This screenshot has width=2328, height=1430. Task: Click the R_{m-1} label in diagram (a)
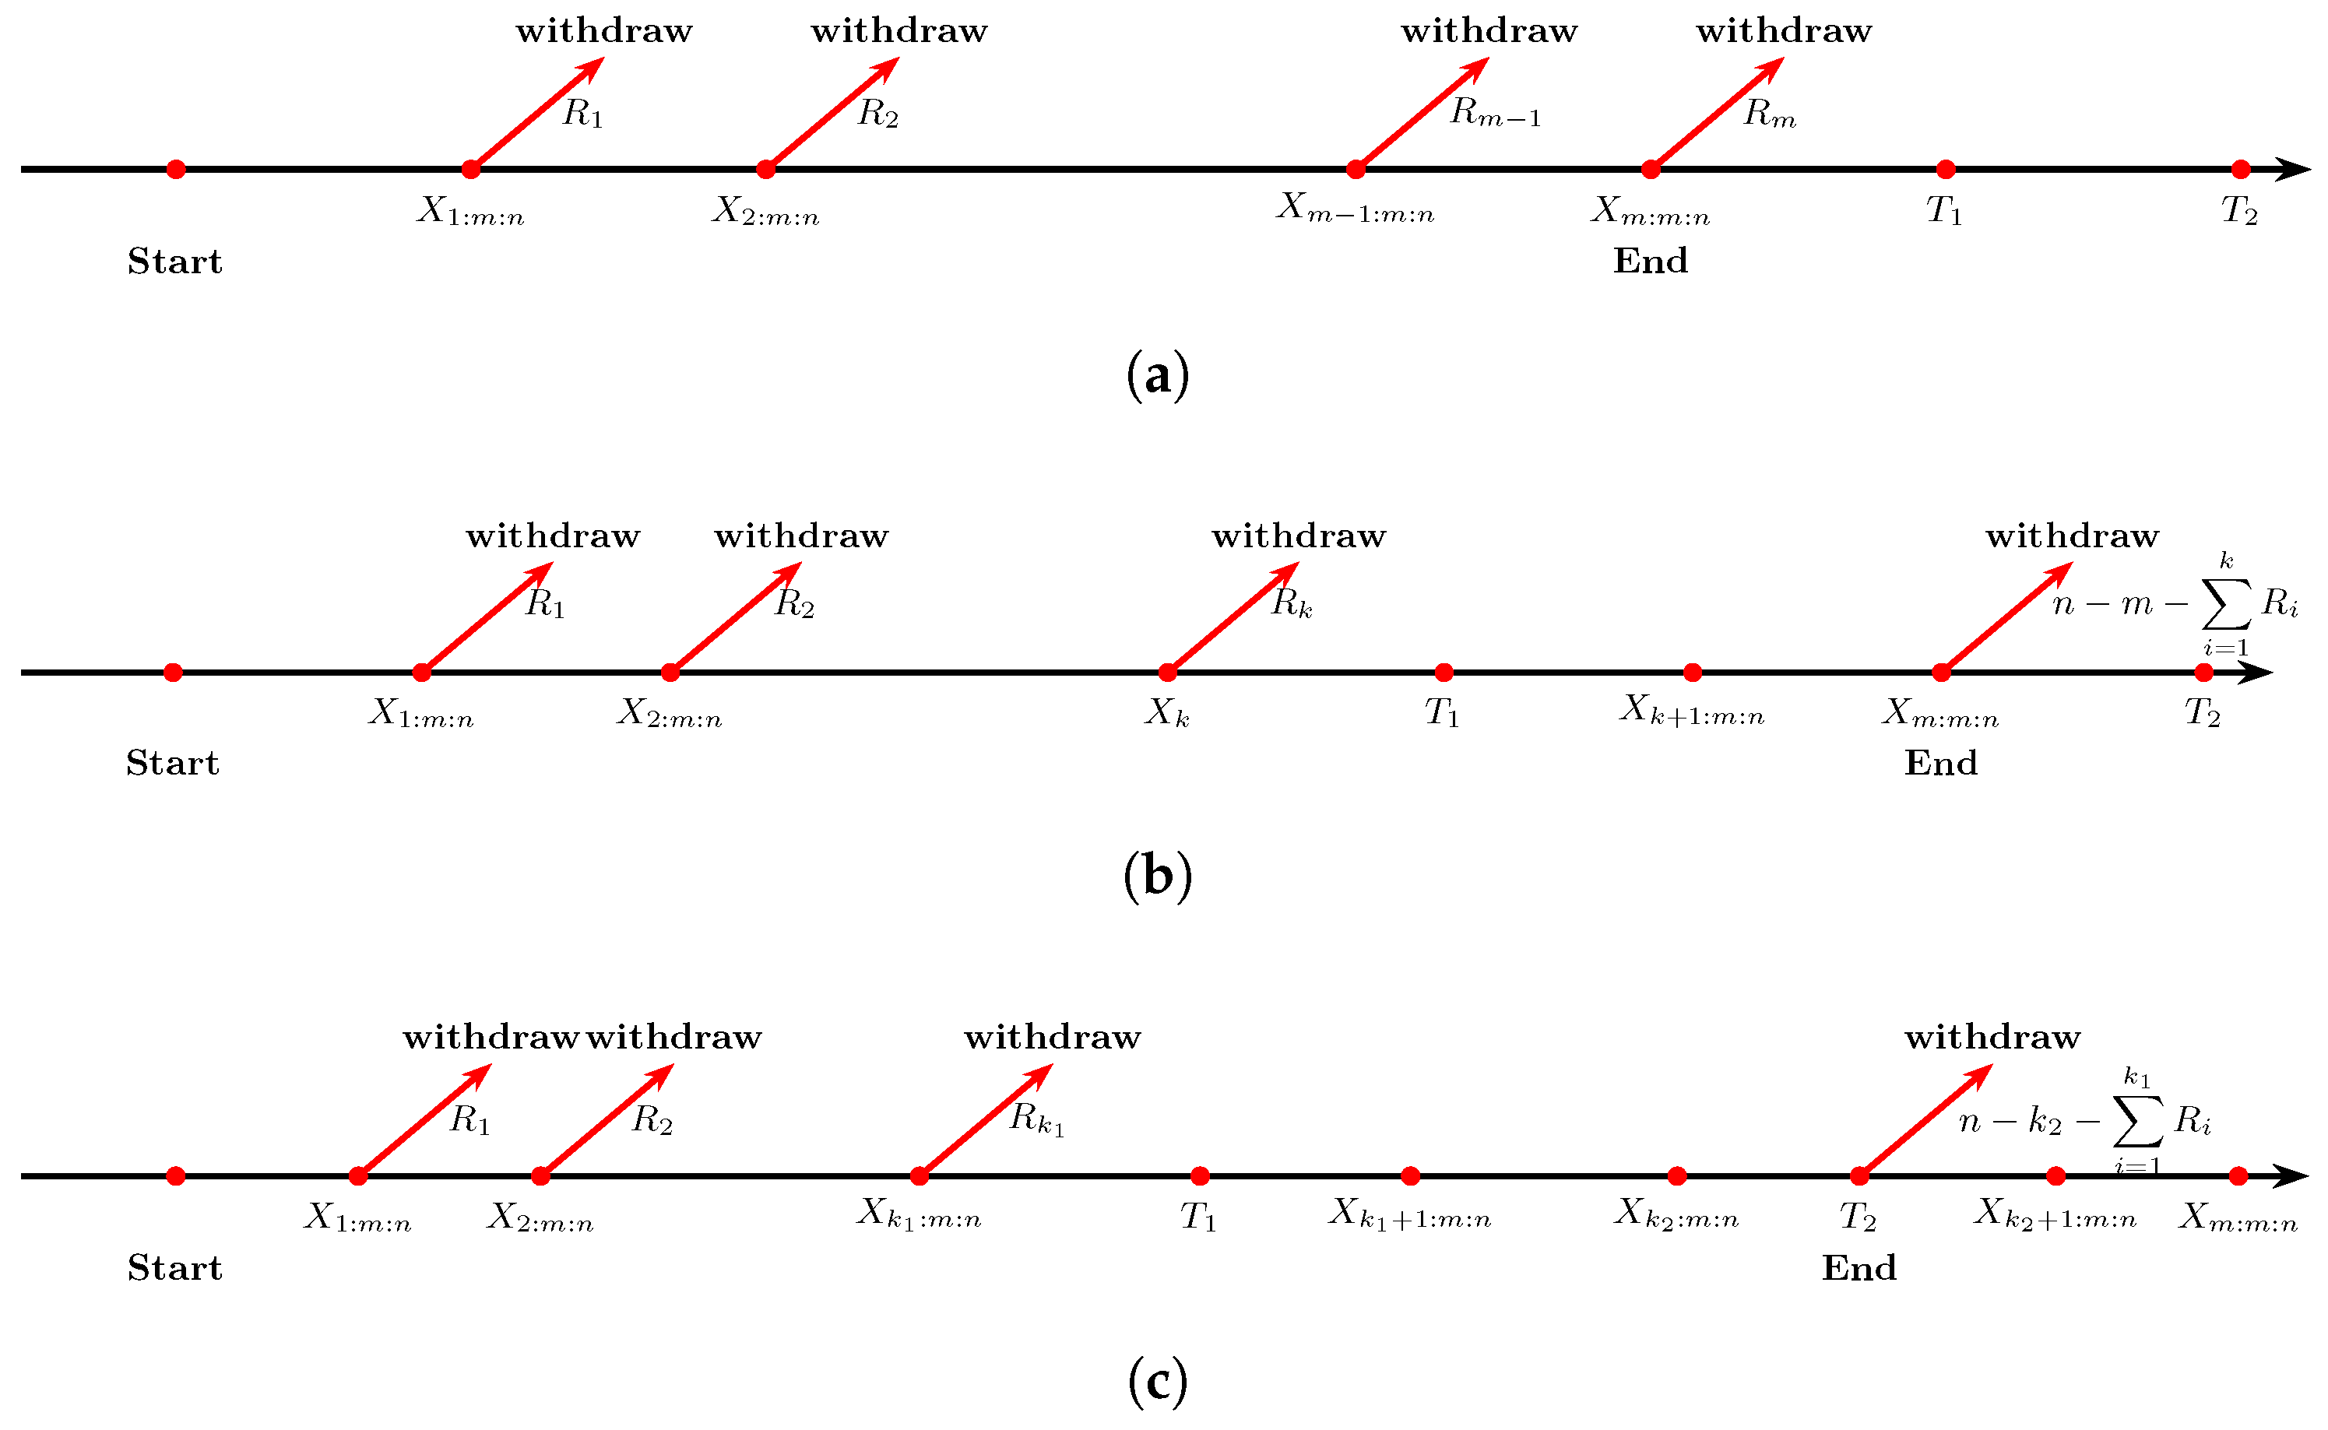click(1496, 113)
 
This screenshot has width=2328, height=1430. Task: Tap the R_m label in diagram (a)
click(1770, 113)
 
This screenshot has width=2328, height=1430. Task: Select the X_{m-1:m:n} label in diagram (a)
click(1356, 208)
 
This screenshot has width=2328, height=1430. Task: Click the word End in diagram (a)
click(1651, 261)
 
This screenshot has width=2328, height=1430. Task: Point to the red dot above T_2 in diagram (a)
click(2240, 169)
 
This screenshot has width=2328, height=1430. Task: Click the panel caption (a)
click(1158, 375)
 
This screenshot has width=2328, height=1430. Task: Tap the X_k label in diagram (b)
click(1167, 712)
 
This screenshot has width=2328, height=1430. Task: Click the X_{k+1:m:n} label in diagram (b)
click(1693, 709)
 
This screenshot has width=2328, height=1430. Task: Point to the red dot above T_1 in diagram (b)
click(1444, 673)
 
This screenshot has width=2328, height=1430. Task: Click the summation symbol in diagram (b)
click(2226, 603)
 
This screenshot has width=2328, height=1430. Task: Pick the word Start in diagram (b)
click(173, 763)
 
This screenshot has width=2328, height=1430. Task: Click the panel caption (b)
click(1158, 876)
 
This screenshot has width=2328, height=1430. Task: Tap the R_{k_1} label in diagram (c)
click(1038, 1119)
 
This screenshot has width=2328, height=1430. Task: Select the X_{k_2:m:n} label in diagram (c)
click(1676, 1214)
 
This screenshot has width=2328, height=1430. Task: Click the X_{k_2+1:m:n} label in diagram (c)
click(2055, 1214)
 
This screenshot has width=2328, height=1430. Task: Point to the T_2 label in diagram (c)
click(1859, 1216)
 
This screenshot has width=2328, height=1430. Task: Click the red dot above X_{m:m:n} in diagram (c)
click(2238, 1175)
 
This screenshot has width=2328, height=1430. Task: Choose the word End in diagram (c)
click(1860, 1268)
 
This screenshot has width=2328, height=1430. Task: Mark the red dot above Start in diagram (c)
click(176, 1175)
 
